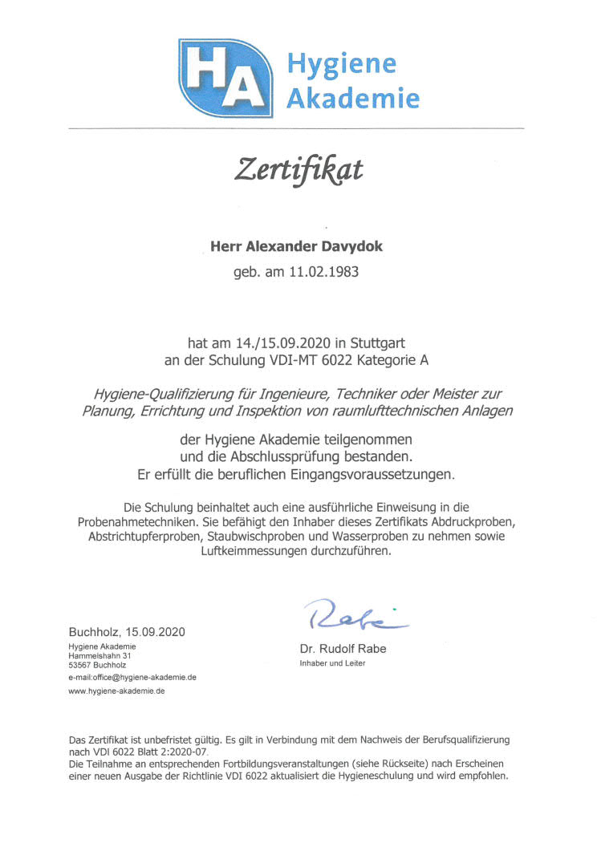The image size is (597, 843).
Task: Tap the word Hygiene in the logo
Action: [342, 63]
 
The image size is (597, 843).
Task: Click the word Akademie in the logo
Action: [353, 99]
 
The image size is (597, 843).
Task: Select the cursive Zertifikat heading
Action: [298, 170]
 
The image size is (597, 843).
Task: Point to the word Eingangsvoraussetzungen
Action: [367, 475]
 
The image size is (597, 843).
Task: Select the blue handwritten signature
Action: [354, 614]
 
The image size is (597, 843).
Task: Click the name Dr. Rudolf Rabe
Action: [343, 648]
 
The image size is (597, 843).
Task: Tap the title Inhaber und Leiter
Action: [332, 663]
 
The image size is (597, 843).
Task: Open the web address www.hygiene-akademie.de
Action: [116, 691]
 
